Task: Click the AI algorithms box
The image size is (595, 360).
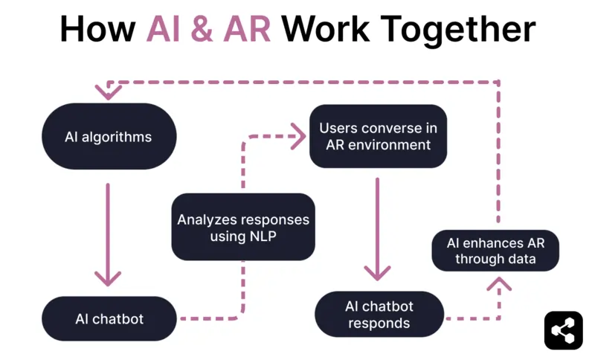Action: [x=109, y=137]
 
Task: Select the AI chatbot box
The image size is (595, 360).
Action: [x=109, y=319]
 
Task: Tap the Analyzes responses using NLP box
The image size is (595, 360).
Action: [x=243, y=228]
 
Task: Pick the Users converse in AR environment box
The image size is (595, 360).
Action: [x=378, y=136]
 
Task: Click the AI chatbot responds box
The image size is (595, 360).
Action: [x=379, y=314]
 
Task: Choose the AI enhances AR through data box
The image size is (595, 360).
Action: [x=495, y=251]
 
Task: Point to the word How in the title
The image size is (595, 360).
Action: [x=97, y=30]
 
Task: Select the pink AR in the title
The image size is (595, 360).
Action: [x=246, y=30]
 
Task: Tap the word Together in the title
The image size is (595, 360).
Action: [x=461, y=30]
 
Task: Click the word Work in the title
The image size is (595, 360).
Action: [x=329, y=30]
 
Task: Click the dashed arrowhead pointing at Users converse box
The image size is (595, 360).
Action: [x=299, y=136]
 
